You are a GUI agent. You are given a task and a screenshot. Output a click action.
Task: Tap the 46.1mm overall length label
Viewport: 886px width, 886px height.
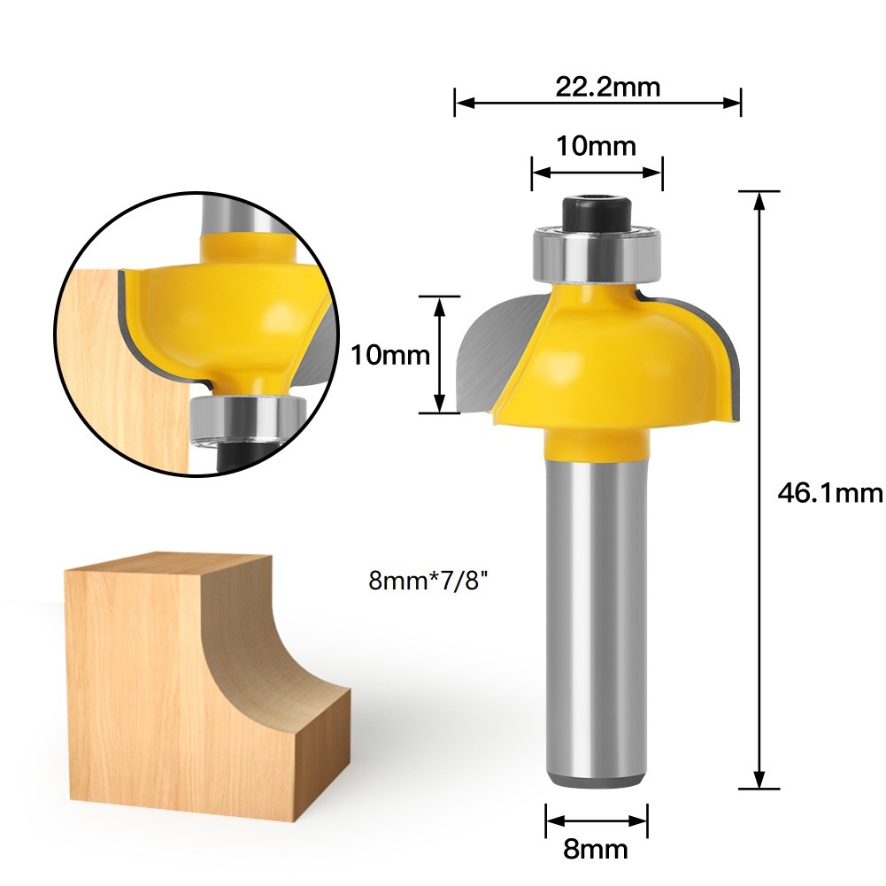point(829,492)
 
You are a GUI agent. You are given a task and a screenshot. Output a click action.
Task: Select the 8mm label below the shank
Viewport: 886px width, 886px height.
point(596,851)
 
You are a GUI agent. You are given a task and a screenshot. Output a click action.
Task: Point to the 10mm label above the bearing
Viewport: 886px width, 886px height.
point(596,146)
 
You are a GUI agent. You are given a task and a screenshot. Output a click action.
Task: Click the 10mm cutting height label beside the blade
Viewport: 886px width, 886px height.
point(390,356)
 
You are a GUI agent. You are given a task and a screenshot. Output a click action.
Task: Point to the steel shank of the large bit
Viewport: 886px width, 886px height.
point(596,620)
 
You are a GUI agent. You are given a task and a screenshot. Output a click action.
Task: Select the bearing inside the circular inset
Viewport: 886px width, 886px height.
point(247,418)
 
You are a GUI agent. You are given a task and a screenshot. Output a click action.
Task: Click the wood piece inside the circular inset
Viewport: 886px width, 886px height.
point(97,372)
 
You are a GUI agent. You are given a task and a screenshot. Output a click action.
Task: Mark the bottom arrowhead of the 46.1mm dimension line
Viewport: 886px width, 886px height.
point(759,781)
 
